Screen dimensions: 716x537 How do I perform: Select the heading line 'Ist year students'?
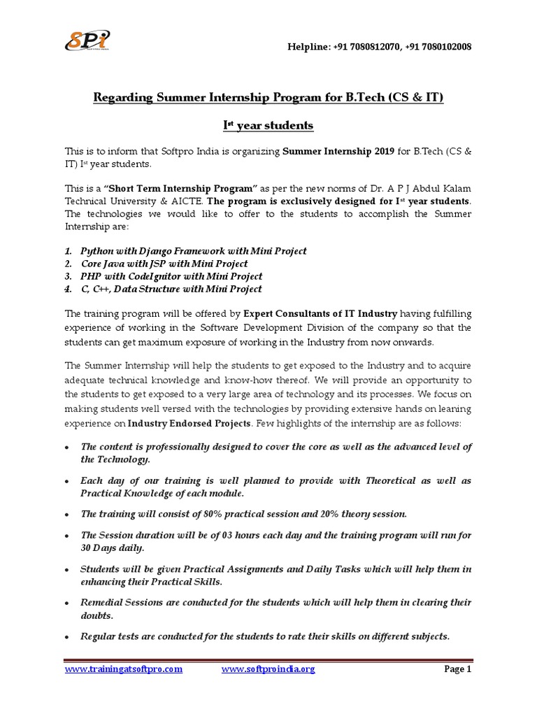[x=268, y=126]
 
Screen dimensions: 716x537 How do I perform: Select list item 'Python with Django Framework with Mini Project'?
[x=193, y=250]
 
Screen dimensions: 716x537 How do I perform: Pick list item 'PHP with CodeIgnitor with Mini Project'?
[x=171, y=276]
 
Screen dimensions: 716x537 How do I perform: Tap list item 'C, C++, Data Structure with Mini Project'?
[x=171, y=289]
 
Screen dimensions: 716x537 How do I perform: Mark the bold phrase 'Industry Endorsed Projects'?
[x=189, y=424]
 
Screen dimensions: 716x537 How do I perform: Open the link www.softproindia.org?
[x=268, y=669]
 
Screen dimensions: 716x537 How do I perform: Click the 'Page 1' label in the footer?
[x=458, y=669]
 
